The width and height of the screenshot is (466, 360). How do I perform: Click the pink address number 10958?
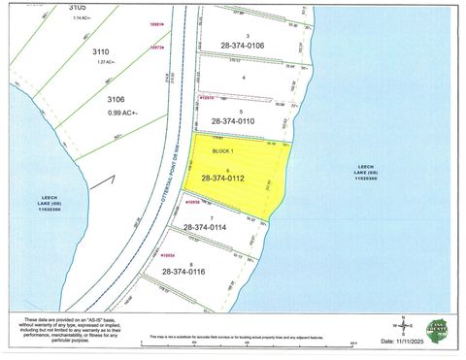coord(193,201)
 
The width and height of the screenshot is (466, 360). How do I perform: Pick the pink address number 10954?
coord(167,254)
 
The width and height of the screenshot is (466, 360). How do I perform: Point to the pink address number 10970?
coord(206,98)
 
